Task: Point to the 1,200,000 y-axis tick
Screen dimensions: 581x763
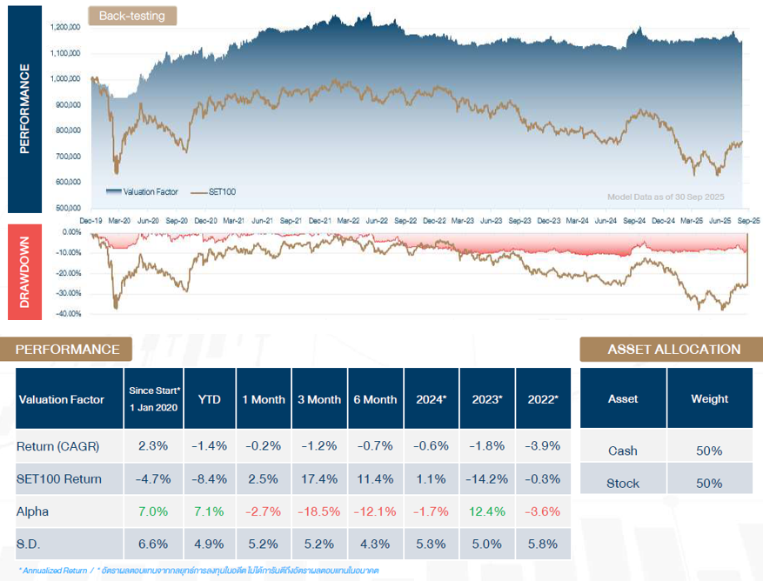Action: coord(66,27)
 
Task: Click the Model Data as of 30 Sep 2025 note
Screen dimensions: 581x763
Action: coord(665,197)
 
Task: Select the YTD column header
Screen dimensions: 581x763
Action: coord(209,399)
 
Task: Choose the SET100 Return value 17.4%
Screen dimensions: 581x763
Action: coord(319,478)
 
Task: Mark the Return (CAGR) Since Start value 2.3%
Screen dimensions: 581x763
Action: coord(153,446)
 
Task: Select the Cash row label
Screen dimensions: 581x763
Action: coord(623,451)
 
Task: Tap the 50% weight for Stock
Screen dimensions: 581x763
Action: coord(709,483)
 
